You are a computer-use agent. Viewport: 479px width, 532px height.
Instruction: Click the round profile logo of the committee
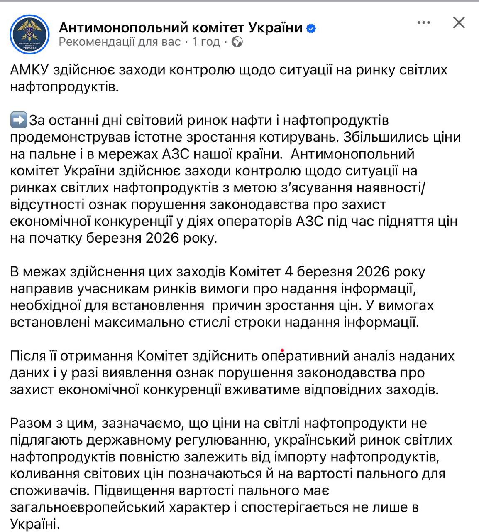pos(29,34)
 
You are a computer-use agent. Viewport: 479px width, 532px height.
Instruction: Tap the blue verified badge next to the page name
pos(311,28)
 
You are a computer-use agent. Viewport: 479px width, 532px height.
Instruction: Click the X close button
pos(459,22)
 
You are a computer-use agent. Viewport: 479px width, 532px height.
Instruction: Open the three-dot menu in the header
pos(423,22)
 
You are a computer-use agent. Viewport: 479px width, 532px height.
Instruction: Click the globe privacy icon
pos(237,42)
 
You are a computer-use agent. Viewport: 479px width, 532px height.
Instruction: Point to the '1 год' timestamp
pos(206,42)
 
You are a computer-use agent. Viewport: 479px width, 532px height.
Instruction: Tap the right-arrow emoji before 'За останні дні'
pos(18,120)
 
